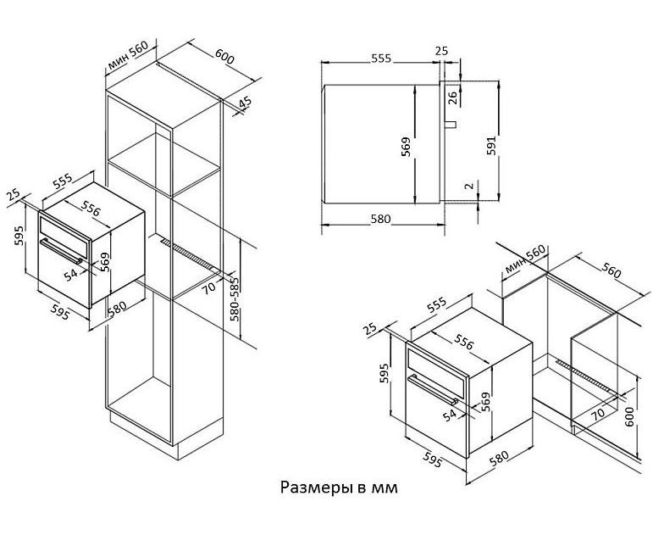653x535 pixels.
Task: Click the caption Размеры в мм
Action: (338, 488)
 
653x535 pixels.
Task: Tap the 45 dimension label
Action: (245, 103)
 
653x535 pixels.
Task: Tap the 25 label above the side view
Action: (440, 52)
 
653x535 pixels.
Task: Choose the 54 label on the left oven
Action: (70, 273)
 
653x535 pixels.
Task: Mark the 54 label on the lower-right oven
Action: (449, 414)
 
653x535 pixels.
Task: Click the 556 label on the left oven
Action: (91, 209)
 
